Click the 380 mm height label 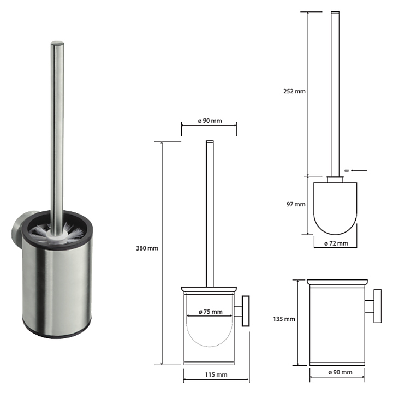coord(147,248)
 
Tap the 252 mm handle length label coord(295,91)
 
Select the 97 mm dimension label coord(296,204)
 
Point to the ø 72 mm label coord(336,243)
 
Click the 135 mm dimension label coord(284,319)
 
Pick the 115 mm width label coord(216,374)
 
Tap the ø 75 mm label coord(211,312)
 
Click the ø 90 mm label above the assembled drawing coord(210,121)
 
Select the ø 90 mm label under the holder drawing coord(340,372)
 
